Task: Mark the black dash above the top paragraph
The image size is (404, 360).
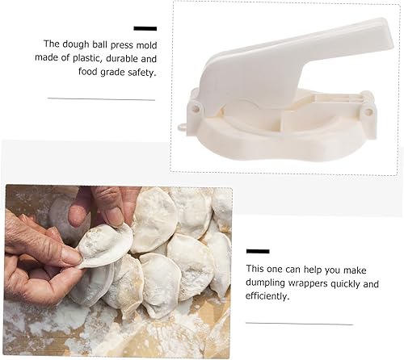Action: pyautogui.click(x=145, y=28)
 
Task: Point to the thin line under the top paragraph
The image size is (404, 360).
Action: pyautogui.click(x=101, y=98)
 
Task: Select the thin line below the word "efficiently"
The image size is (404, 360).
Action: pyautogui.click(x=300, y=324)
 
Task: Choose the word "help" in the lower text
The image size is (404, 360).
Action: pyautogui.click(x=322, y=270)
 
